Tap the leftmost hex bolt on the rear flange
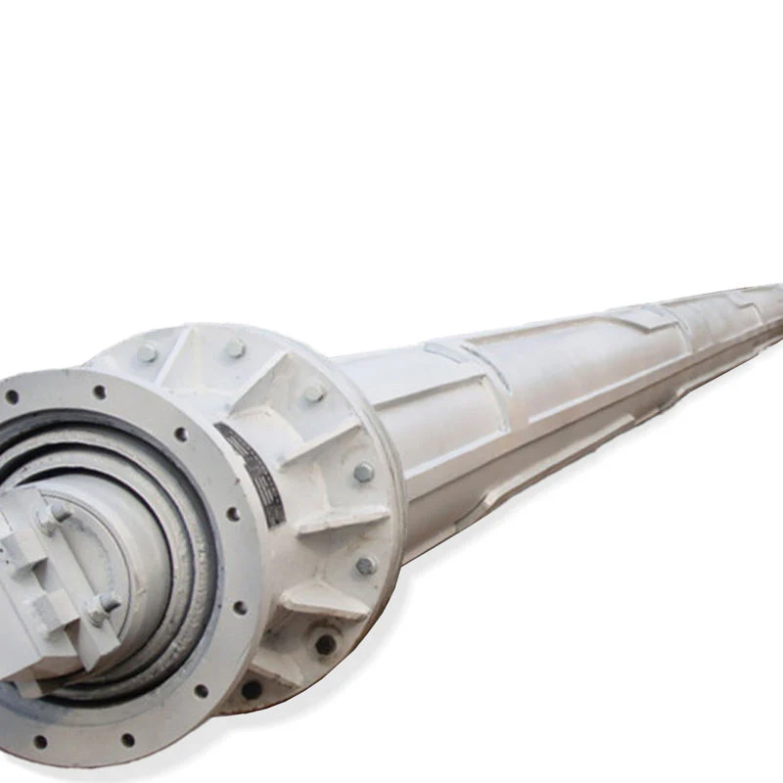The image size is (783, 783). (x=147, y=352)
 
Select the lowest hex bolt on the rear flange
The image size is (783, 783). (x=365, y=565)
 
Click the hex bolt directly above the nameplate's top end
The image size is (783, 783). (x=235, y=348)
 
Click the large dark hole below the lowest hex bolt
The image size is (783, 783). (x=324, y=643)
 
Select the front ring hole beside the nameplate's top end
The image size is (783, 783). (x=181, y=434)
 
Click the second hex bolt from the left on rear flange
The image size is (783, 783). (x=235, y=348)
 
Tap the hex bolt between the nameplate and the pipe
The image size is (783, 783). (x=363, y=472)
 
